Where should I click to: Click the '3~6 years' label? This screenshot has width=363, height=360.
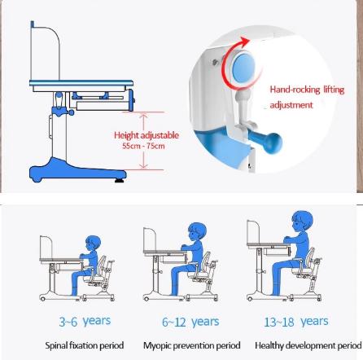click(85, 322)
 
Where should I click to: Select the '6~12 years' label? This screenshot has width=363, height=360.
click(190, 322)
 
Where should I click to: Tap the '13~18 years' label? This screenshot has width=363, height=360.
click(295, 322)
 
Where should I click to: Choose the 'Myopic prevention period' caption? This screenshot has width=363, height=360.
click(192, 345)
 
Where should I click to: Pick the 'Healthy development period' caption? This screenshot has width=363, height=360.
click(308, 345)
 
